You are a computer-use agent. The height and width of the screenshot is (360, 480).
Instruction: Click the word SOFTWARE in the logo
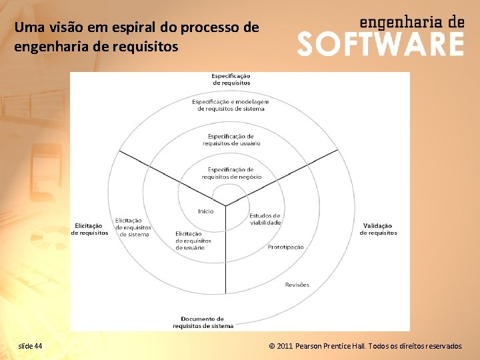pyautogui.click(x=380, y=44)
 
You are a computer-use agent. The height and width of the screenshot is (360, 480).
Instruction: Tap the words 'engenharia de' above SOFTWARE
pyautogui.click(x=411, y=21)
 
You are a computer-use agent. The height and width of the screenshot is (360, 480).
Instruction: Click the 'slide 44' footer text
pyautogui.click(x=30, y=347)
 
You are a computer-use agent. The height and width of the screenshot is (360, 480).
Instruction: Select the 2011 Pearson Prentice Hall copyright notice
pyautogui.click(x=365, y=347)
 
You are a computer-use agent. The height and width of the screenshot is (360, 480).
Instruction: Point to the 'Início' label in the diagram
pyautogui.click(x=205, y=211)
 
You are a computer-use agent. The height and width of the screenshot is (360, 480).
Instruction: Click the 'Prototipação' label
pyautogui.click(x=285, y=247)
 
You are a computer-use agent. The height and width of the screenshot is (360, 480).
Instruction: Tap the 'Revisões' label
pyautogui.click(x=297, y=285)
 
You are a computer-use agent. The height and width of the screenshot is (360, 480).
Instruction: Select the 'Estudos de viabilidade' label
pyautogui.click(x=265, y=219)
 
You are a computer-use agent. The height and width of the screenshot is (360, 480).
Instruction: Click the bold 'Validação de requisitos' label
pyautogui.click(x=378, y=229)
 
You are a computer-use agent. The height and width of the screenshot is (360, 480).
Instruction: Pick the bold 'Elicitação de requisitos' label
pyautogui.click(x=89, y=229)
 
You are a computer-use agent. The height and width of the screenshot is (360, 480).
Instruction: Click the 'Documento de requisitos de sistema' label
pyautogui.click(x=203, y=323)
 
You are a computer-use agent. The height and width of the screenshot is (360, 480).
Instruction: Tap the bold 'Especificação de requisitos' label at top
pyautogui.click(x=231, y=79)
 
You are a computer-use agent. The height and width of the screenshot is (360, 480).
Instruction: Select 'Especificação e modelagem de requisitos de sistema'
pyautogui.click(x=231, y=105)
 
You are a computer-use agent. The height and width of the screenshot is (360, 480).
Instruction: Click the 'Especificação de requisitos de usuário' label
pyautogui.click(x=231, y=140)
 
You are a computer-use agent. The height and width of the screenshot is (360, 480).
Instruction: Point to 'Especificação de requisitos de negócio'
pyautogui.click(x=231, y=173)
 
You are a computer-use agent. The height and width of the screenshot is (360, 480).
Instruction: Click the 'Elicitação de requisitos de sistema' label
pyautogui.click(x=133, y=227)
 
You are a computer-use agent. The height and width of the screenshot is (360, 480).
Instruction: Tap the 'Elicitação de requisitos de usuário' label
pyautogui.click(x=193, y=241)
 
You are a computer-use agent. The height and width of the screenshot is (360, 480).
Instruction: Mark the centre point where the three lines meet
pyautogui.click(x=225, y=205)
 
